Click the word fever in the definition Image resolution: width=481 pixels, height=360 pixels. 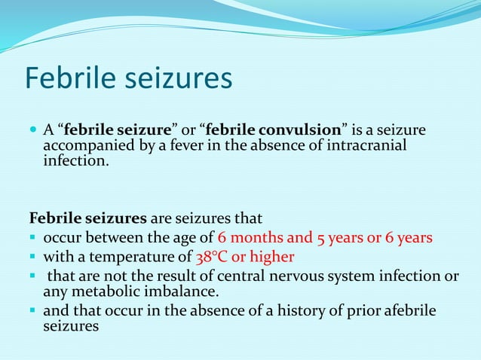pos(196,145)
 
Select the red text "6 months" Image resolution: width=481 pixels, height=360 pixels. pos(246,238)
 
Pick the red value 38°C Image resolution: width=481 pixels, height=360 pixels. pos(211,257)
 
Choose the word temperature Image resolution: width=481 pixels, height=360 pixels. pos(136,257)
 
